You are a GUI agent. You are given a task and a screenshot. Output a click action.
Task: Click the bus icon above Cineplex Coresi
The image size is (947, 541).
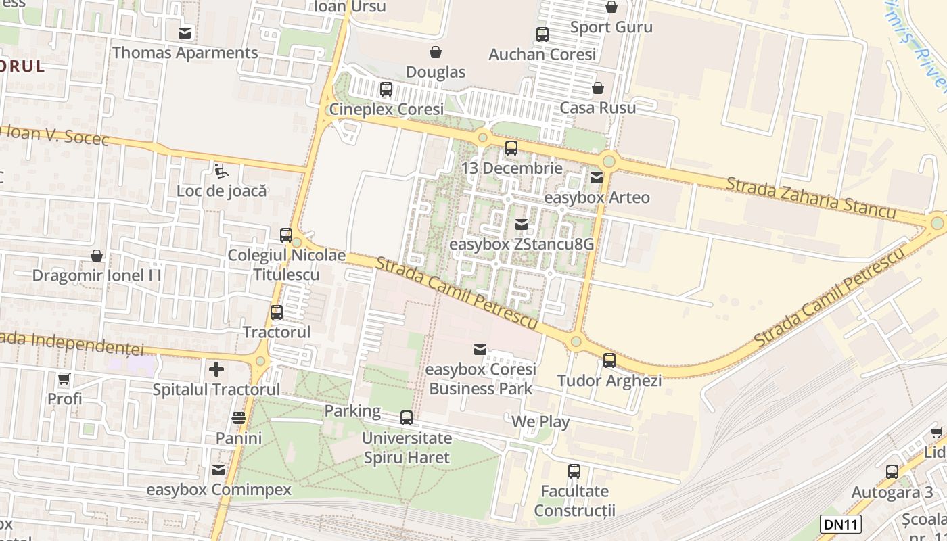(386, 89)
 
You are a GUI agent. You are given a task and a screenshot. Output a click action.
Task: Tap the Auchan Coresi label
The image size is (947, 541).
(542, 55)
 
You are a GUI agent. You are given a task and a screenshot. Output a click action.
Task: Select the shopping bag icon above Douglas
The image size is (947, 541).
(436, 52)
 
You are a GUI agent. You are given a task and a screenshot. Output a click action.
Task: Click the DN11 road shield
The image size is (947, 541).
(841, 523)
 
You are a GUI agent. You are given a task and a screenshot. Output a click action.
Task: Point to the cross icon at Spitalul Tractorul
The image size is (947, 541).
(216, 369)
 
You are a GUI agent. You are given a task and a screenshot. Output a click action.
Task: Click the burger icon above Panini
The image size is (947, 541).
(239, 418)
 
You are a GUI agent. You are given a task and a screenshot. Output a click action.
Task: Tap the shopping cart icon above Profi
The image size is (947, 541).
(64, 379)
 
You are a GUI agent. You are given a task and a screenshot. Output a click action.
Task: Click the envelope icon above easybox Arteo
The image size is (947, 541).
(597, 178)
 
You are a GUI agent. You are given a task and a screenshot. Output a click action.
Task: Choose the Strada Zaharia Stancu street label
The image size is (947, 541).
(811, 198)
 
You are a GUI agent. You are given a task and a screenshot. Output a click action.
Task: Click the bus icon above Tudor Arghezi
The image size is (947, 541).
(609, 360)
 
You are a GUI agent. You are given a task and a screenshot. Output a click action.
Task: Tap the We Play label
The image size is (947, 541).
(540, 422)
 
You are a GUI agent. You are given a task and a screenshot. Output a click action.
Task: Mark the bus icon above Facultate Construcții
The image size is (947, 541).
(574, 471)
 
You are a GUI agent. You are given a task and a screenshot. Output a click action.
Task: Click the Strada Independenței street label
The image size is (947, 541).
(72, 344)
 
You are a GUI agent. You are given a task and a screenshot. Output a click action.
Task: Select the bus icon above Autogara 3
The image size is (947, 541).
(892, 472)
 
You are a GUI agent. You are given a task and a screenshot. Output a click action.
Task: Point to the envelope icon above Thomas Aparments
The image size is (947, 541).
(185, 32)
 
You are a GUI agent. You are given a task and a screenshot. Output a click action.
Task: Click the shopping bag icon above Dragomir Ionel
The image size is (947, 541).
(97, 256)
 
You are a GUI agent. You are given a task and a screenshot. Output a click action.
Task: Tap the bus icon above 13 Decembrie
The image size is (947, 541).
(511, 148)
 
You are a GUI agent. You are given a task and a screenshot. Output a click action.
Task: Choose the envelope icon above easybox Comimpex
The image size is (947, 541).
(218, 469)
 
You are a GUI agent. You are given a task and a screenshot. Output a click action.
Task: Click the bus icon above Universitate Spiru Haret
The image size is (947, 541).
(407, 418)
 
